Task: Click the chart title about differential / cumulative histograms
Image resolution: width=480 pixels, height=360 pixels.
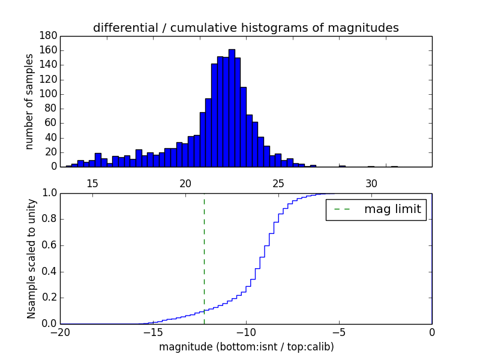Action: [x=245, y=28]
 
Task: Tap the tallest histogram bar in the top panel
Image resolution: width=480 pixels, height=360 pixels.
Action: [x=232, y=108]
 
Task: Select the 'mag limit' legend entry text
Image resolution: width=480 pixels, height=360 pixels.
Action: [x=392, y=209]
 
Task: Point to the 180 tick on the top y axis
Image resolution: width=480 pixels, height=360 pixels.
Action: [x=49, y=36]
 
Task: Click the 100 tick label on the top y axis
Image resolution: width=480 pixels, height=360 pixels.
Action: [x=49, y=94]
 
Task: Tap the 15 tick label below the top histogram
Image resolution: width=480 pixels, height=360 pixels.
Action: [x=92, y=183]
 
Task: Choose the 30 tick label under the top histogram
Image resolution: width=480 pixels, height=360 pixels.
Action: [x=371, y=183]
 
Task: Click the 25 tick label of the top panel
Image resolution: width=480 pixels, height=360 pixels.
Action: [x=278, y=183]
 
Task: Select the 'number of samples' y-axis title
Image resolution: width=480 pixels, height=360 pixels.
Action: [x=29, y=101]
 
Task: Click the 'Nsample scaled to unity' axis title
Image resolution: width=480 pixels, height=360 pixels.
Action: [x=31, y=259]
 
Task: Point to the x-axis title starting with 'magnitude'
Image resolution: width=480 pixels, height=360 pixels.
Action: [x=246, y=347]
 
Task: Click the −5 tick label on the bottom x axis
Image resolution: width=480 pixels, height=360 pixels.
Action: [x=338, y=332]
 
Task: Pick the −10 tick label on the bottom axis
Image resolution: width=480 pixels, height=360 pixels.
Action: [x=245, y=332]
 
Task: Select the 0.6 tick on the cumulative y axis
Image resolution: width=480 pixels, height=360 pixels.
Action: [x=49, y=245]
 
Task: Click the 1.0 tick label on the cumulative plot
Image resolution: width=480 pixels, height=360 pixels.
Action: [x=49, y=193]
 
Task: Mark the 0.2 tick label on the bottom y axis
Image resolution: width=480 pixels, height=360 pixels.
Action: [x=49, y=298]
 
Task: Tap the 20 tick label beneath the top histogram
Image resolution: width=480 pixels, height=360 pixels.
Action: [x=185, y=183]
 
